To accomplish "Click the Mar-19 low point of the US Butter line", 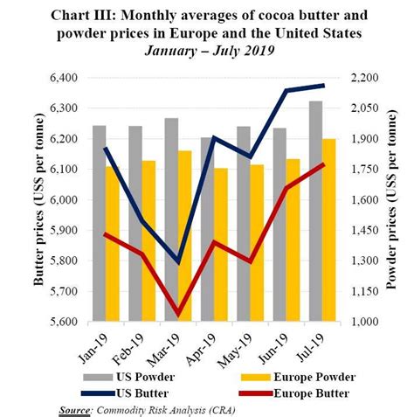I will [178, 262].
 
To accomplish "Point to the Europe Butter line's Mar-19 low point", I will [178, 313].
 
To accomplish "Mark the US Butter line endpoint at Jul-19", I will [323, 85].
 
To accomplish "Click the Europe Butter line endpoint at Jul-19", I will [323, 164].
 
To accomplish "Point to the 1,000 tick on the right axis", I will [366, 322].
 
